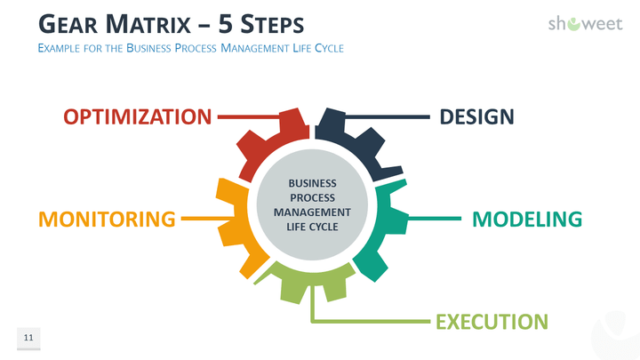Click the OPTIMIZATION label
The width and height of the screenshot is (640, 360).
pos(138,116)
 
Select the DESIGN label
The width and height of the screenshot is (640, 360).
pos(476,116)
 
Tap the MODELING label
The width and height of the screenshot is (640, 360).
pos(526,219)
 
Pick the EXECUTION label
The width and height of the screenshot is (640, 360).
pos(491,321)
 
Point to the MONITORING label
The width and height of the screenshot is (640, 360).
pos(106,219)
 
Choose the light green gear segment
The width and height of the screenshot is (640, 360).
pos(311,284)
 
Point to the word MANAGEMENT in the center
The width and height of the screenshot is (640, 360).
pos(312,212)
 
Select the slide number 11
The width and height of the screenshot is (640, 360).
pos(28,338)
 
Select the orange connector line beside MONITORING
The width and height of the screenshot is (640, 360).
pos(200,218)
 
